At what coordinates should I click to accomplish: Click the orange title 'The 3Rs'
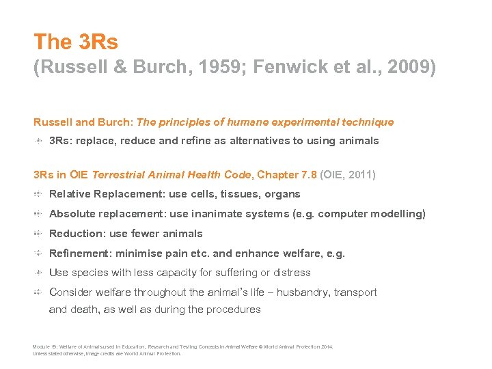click(x=76, y=42)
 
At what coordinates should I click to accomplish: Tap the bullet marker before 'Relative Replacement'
click(x=38, y=194)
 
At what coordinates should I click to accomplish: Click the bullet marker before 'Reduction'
click(x=38, y=234)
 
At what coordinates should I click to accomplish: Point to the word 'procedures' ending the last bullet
click(x=234, y=310)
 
